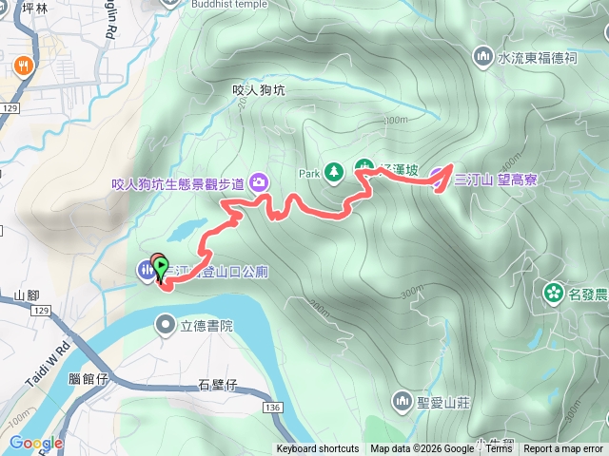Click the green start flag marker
tap(161, 267)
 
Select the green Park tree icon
tap(333, 173)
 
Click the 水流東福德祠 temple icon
tap(484, 58)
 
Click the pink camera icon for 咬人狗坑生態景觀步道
tap(259, 182)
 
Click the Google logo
tap(35, 443)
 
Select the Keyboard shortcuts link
tap(318, 449)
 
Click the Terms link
tap(499, 449)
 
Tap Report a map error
tap(563, 449)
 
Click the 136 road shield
tap(272, 408)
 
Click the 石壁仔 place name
tap(217, 385)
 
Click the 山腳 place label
tap(27, 295)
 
